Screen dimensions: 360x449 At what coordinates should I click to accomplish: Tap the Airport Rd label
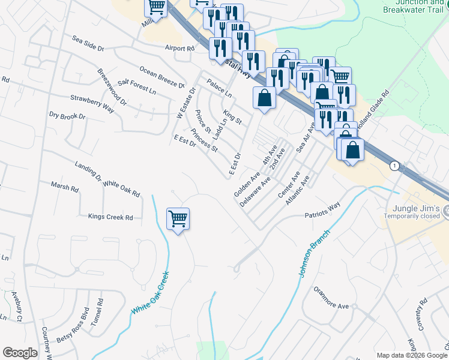coord(181,48)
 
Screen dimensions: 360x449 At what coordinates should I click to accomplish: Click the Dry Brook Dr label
coord(67,116)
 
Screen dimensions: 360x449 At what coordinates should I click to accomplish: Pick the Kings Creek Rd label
coord(110,217)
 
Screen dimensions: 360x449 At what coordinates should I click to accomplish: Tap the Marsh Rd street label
coord(65,188)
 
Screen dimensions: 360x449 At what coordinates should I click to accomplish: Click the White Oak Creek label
coord(151,292)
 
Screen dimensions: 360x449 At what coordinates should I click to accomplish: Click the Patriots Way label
coord(322,214)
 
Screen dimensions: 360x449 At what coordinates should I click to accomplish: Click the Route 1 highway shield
coord(394,165)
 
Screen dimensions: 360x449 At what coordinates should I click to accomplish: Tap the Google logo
coord(20,353)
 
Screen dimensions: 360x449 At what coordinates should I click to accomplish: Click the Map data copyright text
coord(411,355)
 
